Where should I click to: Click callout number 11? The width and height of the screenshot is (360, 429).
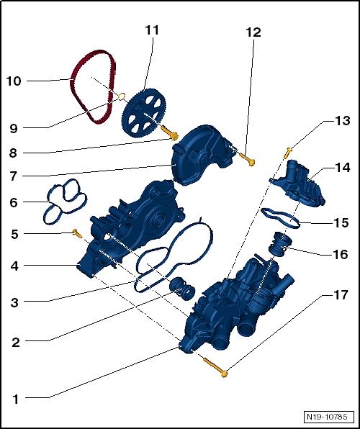tap(151, 30)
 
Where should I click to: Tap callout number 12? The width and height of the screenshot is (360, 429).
tap(253, 32)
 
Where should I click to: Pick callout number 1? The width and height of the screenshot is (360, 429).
tap(15, 397)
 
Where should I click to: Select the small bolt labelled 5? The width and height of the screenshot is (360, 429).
tap(74, 232)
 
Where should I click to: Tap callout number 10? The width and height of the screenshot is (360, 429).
tap(14, 81)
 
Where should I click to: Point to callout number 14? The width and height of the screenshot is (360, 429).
tap(343, 167)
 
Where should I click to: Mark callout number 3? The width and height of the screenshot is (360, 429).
tap(15, 302)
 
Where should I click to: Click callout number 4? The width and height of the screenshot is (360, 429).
tap(15, 266)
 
